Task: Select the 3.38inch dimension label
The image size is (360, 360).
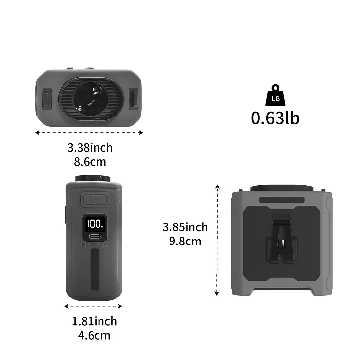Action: click(90, 148)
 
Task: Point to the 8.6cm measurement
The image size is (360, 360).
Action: click(90, 162)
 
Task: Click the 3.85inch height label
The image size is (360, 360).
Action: click(185, 227)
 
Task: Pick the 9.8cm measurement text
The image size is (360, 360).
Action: click(185, 241)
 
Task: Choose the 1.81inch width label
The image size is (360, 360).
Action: click(94, 321)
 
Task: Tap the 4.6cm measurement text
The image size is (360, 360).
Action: click(94, 335)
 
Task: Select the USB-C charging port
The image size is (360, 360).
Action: click(95, 237)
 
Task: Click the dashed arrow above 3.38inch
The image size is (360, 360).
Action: click(89, 133)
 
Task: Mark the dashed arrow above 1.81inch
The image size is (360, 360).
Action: click(93, 306)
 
